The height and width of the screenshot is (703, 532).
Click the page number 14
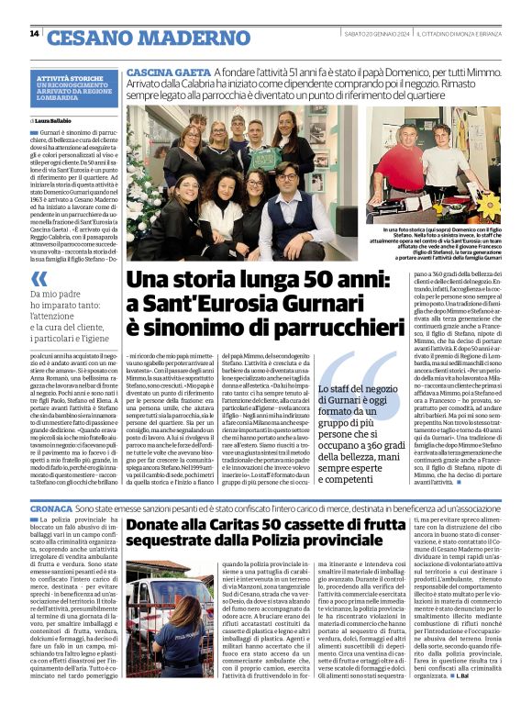pos(34,34)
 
